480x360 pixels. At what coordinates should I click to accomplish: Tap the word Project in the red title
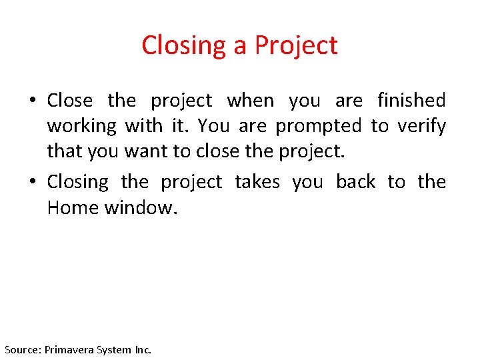point(296,46)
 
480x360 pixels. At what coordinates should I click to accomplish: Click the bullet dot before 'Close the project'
point(33,101)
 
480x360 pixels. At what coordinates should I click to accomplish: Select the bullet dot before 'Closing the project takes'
point(33,183)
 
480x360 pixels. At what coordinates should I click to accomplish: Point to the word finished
point(411,101)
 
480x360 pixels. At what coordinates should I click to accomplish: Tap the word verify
point(422,127)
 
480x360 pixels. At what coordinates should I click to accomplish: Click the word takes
point(257,182)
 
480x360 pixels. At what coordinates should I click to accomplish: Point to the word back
point(355,182)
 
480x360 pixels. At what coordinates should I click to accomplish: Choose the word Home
point(73,208)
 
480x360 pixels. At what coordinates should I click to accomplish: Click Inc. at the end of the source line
point(143,349)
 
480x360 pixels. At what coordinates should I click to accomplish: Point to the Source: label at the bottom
point(23,349)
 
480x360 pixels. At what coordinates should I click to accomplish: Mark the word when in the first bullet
point(251,101)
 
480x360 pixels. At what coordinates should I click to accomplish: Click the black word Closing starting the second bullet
point(77,182)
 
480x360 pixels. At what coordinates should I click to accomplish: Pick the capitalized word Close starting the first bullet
point(70,101)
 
